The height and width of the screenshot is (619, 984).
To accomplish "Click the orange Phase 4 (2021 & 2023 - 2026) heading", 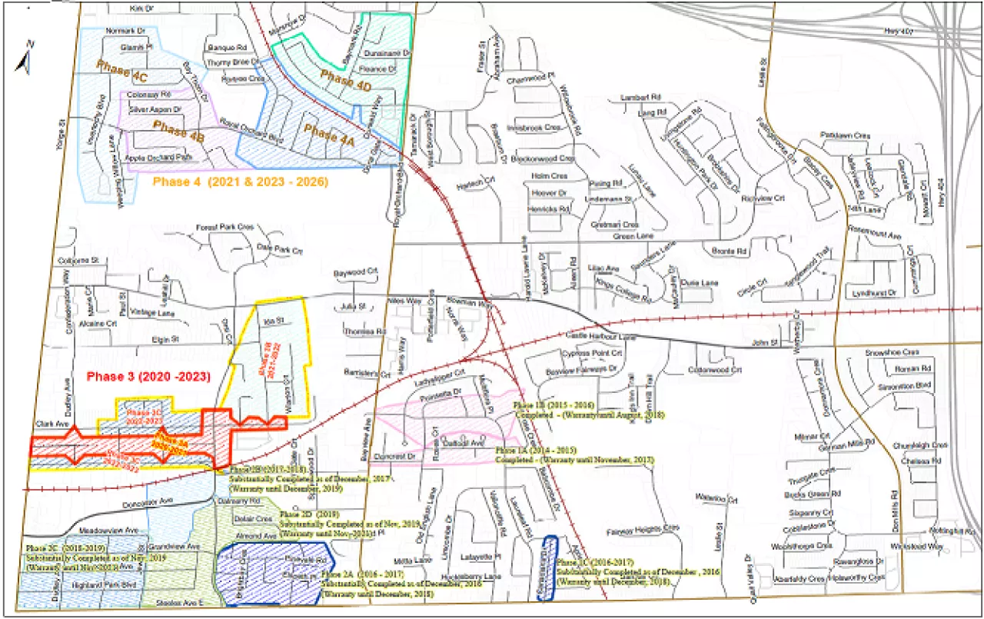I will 241,182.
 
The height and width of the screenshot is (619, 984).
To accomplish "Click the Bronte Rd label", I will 730,251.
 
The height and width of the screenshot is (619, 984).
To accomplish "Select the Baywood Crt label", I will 357,273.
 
